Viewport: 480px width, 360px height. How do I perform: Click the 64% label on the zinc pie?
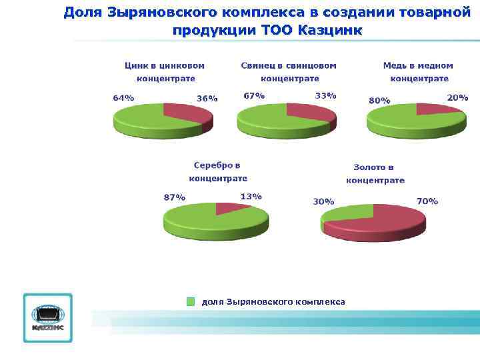(123, 98)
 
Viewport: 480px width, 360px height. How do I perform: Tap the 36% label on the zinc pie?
(207, 99)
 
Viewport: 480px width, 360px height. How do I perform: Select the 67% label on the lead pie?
(254, 95)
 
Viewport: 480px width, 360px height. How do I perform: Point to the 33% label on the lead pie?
(325, 95)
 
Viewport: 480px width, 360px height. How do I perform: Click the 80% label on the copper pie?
(379, 101)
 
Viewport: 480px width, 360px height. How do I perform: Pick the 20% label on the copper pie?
(457, 97)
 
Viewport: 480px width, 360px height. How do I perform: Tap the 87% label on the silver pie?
(174, 197)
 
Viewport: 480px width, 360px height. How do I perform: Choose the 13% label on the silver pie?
(251, 197)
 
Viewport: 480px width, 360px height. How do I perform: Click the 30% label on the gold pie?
(323, 201)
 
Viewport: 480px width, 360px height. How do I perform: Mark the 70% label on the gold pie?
(427, 201)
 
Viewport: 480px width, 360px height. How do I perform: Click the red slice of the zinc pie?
(187, 111)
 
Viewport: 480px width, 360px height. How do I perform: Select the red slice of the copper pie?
(436, 109)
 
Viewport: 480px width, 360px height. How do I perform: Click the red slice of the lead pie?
(311, 111)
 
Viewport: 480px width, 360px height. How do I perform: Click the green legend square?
(191, 301)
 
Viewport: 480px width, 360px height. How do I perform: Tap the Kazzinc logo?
(47, 317)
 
